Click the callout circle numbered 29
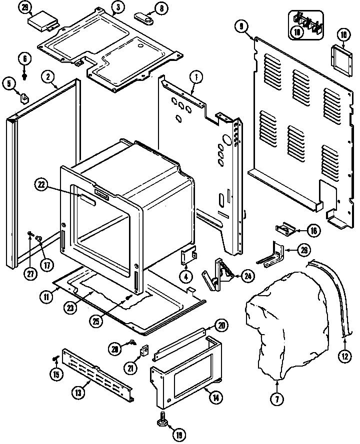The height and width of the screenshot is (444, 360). pyautogui.click(x=24, y=7)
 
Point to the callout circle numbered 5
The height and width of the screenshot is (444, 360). pyautogui.click(x=8, y=83)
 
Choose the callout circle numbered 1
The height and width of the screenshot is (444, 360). pyautogui.click(x=196, y=77)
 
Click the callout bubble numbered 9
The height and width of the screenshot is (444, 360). pyautogui.click(x=242, y=25)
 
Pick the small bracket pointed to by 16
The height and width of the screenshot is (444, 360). pyautogui.click(x=283, y=229)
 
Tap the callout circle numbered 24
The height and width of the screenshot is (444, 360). pyautogui.click(x=247, y=274)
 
